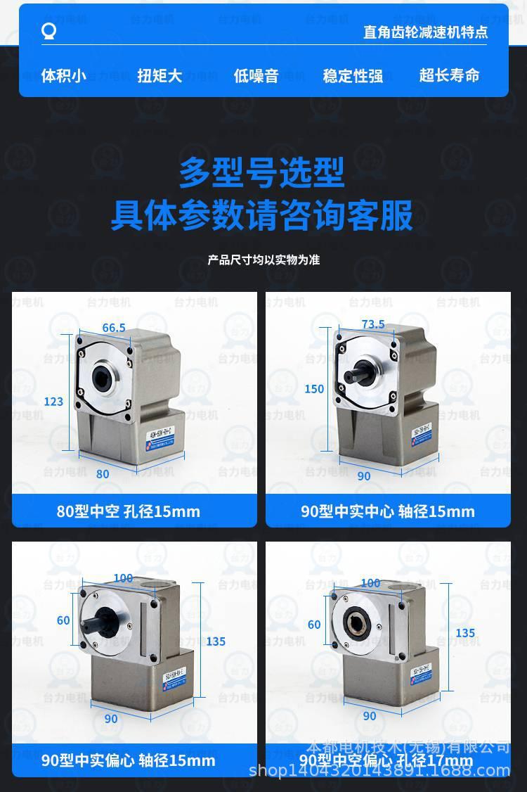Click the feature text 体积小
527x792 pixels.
point(63,75)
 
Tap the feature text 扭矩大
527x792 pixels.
point(160,75)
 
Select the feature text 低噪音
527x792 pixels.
point(256,75)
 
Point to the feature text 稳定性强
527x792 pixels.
point(353,75)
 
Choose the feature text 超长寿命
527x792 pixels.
point(449,75)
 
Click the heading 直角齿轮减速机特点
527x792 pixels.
point(425,32)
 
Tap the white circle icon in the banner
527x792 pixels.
point(48,32)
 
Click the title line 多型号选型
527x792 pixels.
point(261,173)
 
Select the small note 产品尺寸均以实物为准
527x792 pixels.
point(263,260)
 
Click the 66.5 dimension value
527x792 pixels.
point(114,328)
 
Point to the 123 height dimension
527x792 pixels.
point(53,402)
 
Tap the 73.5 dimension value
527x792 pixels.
point(372,324)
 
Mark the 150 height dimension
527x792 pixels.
point(314,389)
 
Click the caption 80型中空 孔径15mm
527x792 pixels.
point(129,511)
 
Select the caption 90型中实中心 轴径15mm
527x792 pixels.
point(388,511)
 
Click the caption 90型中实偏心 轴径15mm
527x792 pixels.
point(129,760)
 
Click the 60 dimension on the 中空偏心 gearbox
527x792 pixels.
point(314,625)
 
